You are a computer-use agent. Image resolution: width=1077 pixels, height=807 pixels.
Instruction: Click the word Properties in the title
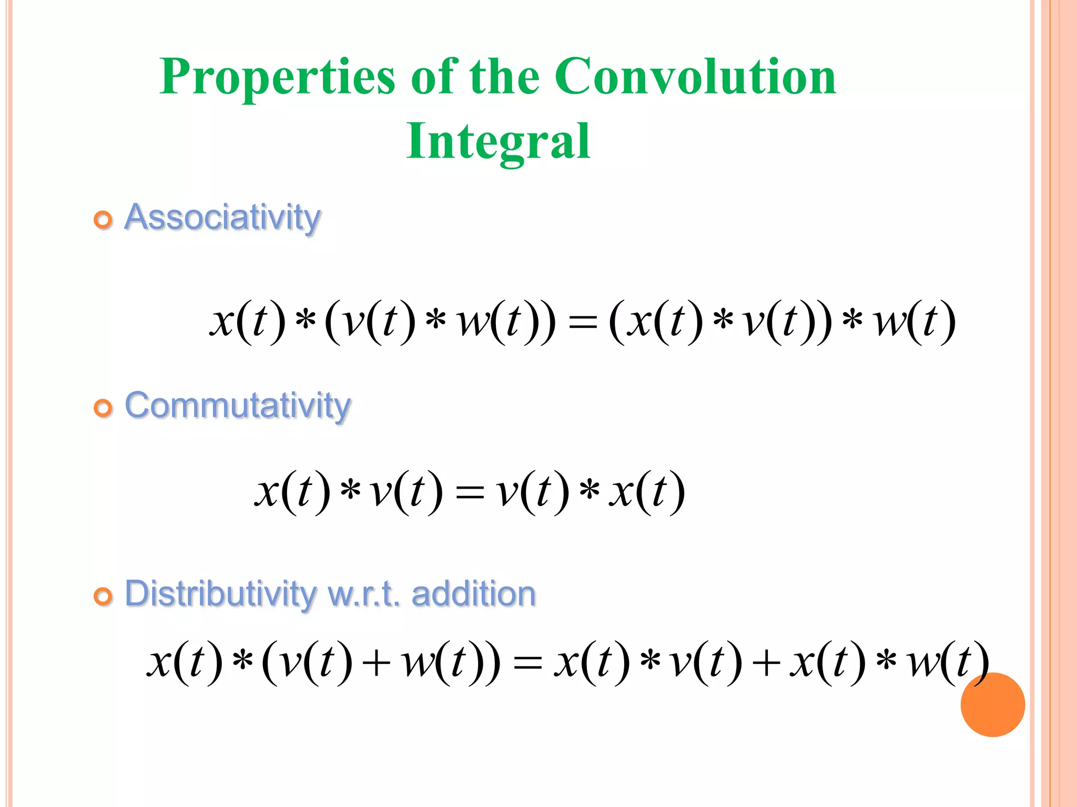[x=277, y=77]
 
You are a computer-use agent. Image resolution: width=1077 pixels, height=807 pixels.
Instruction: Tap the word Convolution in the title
[x=695, y=77]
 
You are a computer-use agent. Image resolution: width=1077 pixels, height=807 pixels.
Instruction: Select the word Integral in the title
[x=498, y=141]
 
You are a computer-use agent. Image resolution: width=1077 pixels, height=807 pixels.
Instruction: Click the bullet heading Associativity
[x=222, y=217]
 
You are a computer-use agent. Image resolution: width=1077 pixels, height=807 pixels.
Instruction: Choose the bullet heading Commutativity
[x=237, y=406]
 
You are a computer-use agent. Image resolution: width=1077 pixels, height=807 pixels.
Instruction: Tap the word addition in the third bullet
[x=473, y=594]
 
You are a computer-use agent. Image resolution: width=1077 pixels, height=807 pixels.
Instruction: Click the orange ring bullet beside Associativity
[x=103, y=220]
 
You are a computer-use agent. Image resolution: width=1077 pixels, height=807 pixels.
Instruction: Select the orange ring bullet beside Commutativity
[x=103, y=408]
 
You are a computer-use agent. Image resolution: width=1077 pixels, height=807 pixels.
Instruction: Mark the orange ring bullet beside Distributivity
[x=103, y=596]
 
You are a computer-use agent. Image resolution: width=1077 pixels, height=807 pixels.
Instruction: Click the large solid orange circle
[x=992, y=705]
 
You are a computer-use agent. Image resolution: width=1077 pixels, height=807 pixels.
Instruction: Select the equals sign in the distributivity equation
[x=527, y=663]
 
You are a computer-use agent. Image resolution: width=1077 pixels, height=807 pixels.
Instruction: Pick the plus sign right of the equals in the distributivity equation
[x=766, y=663]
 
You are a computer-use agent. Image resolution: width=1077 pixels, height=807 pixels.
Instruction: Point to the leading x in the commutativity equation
[x=267, y=492]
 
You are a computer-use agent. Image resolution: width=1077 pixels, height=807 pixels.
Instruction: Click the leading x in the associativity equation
[x=222, y=322]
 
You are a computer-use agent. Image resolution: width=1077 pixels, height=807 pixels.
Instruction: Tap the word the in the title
[x=504, y=77]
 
